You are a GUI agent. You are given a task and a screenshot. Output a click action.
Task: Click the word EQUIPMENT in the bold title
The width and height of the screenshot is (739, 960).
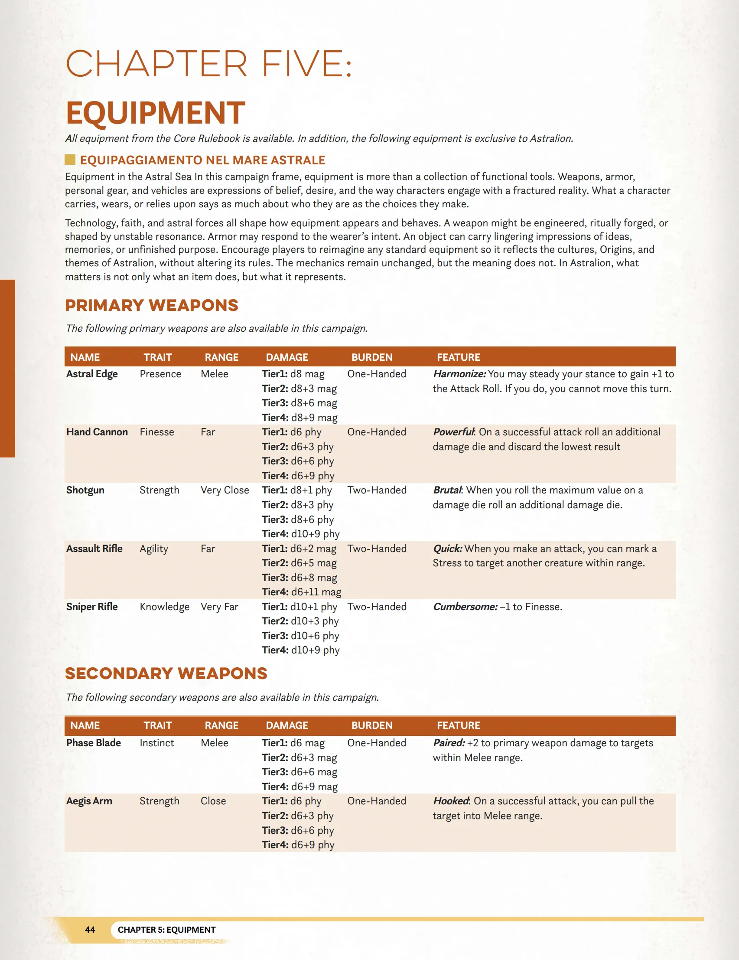pos(155,113)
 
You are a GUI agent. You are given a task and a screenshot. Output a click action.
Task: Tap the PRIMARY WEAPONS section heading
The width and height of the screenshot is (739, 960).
pos(152,306)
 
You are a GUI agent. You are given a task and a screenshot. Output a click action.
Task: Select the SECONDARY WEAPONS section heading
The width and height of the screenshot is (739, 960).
pos(166,673)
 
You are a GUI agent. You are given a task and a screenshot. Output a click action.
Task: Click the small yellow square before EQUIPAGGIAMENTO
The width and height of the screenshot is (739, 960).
pos(70,160)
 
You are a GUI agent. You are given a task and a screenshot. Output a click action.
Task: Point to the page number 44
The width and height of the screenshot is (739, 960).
pos(90,930)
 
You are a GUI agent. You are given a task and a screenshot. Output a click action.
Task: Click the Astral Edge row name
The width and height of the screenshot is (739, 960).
pos(92,374)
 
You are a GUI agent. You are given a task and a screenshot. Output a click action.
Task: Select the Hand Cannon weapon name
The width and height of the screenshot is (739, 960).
pos(97,432)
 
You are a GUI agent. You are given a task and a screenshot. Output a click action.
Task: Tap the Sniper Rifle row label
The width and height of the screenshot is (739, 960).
pos(92,607)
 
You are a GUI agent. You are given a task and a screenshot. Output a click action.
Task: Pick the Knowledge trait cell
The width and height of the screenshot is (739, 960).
pos(164,607)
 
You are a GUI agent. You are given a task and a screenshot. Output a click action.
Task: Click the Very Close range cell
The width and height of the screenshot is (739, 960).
pos(225,490)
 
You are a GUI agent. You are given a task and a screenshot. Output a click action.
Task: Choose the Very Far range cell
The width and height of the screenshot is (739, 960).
pos(219,607)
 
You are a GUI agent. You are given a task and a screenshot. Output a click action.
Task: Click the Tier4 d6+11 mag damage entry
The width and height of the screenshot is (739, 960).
pos(301,592)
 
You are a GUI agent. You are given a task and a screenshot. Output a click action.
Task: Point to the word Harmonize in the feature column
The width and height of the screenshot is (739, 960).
pos(459,374)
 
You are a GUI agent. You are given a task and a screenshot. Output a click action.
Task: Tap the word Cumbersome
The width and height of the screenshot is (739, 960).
pos(465,607)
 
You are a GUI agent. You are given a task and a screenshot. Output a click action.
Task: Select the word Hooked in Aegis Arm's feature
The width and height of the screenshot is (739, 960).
pos(451,801)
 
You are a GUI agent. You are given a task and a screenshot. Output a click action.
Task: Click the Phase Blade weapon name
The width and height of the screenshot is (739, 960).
pos(94,743)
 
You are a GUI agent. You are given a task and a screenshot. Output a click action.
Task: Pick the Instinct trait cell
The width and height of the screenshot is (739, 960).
pos(157,743)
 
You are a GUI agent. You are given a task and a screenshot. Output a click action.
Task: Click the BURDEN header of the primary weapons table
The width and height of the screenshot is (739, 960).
pos(372,357)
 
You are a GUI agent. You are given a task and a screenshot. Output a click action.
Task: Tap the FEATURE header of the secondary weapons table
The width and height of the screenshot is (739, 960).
pos(458,725)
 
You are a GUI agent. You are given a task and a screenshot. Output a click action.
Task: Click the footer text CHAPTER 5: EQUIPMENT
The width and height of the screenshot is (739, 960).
pos(166,930)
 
